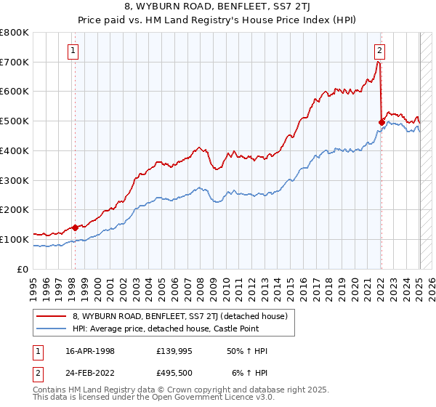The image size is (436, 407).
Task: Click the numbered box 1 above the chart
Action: coord(74,50)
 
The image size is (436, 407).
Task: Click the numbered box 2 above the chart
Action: coord(380,50)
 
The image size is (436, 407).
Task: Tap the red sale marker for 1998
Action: coord(75,227)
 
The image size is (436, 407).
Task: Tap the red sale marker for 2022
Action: coord(382,122)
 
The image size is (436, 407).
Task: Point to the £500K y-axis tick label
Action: coord(15,121)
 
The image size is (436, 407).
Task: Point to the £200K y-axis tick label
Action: coord(15,209)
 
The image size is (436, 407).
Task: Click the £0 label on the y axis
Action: coord(24,269)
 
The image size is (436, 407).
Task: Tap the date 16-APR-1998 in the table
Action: coord(91,351)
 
